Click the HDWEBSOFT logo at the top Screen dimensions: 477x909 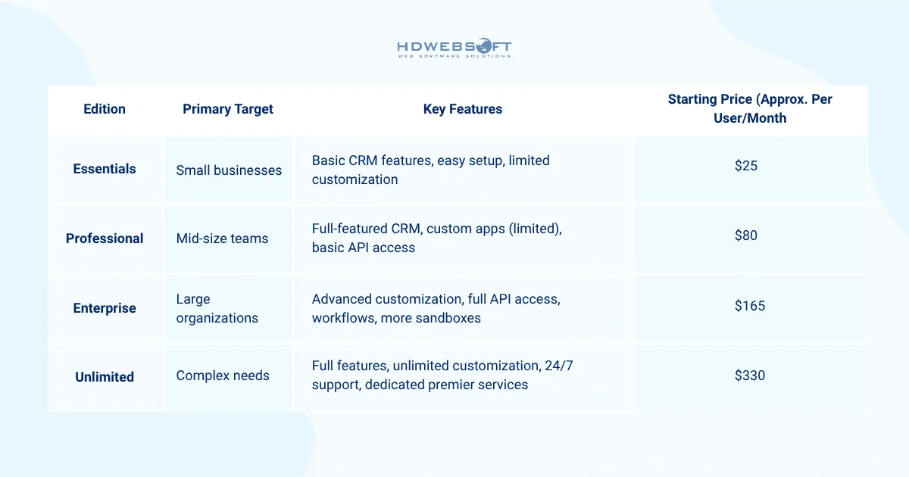pyautogui.click(x=454, y=48)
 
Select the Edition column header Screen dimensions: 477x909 pyautogui.click(x=105, y=109)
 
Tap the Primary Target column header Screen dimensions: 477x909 pyautogui.click(x=228, y=109)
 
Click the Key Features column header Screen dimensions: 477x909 pyautogui.click(x=463, y=109)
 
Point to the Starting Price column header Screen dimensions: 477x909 pyautogui.click(x=750, y=109)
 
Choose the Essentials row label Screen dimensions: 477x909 pyautogui.click(x=105, y=169)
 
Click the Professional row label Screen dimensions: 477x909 pyautogui.click(x=105, y=238)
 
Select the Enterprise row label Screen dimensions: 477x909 pyautogui.click(x=105, y=308)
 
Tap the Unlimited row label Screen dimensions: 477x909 pyautogui.click(x=105, y=377)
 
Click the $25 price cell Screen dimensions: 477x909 pyautogui.click(x=746, y=165)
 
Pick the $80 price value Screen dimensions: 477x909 pyautogui.click(x=746, y=235)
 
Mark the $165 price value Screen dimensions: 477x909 pyautogui.click(x=750, y=306)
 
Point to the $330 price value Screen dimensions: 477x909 pyautogui.click(x=750, y=375)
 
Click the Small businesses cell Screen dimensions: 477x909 pyautogui.click(x=229, y=170)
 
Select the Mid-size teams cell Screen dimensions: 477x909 pyautogui.click(x=222, y=238)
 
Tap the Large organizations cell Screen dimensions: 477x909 pyautogui.click(x=217, y=309)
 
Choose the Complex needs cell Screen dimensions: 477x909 pyautogui.click(x=223, y=375)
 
